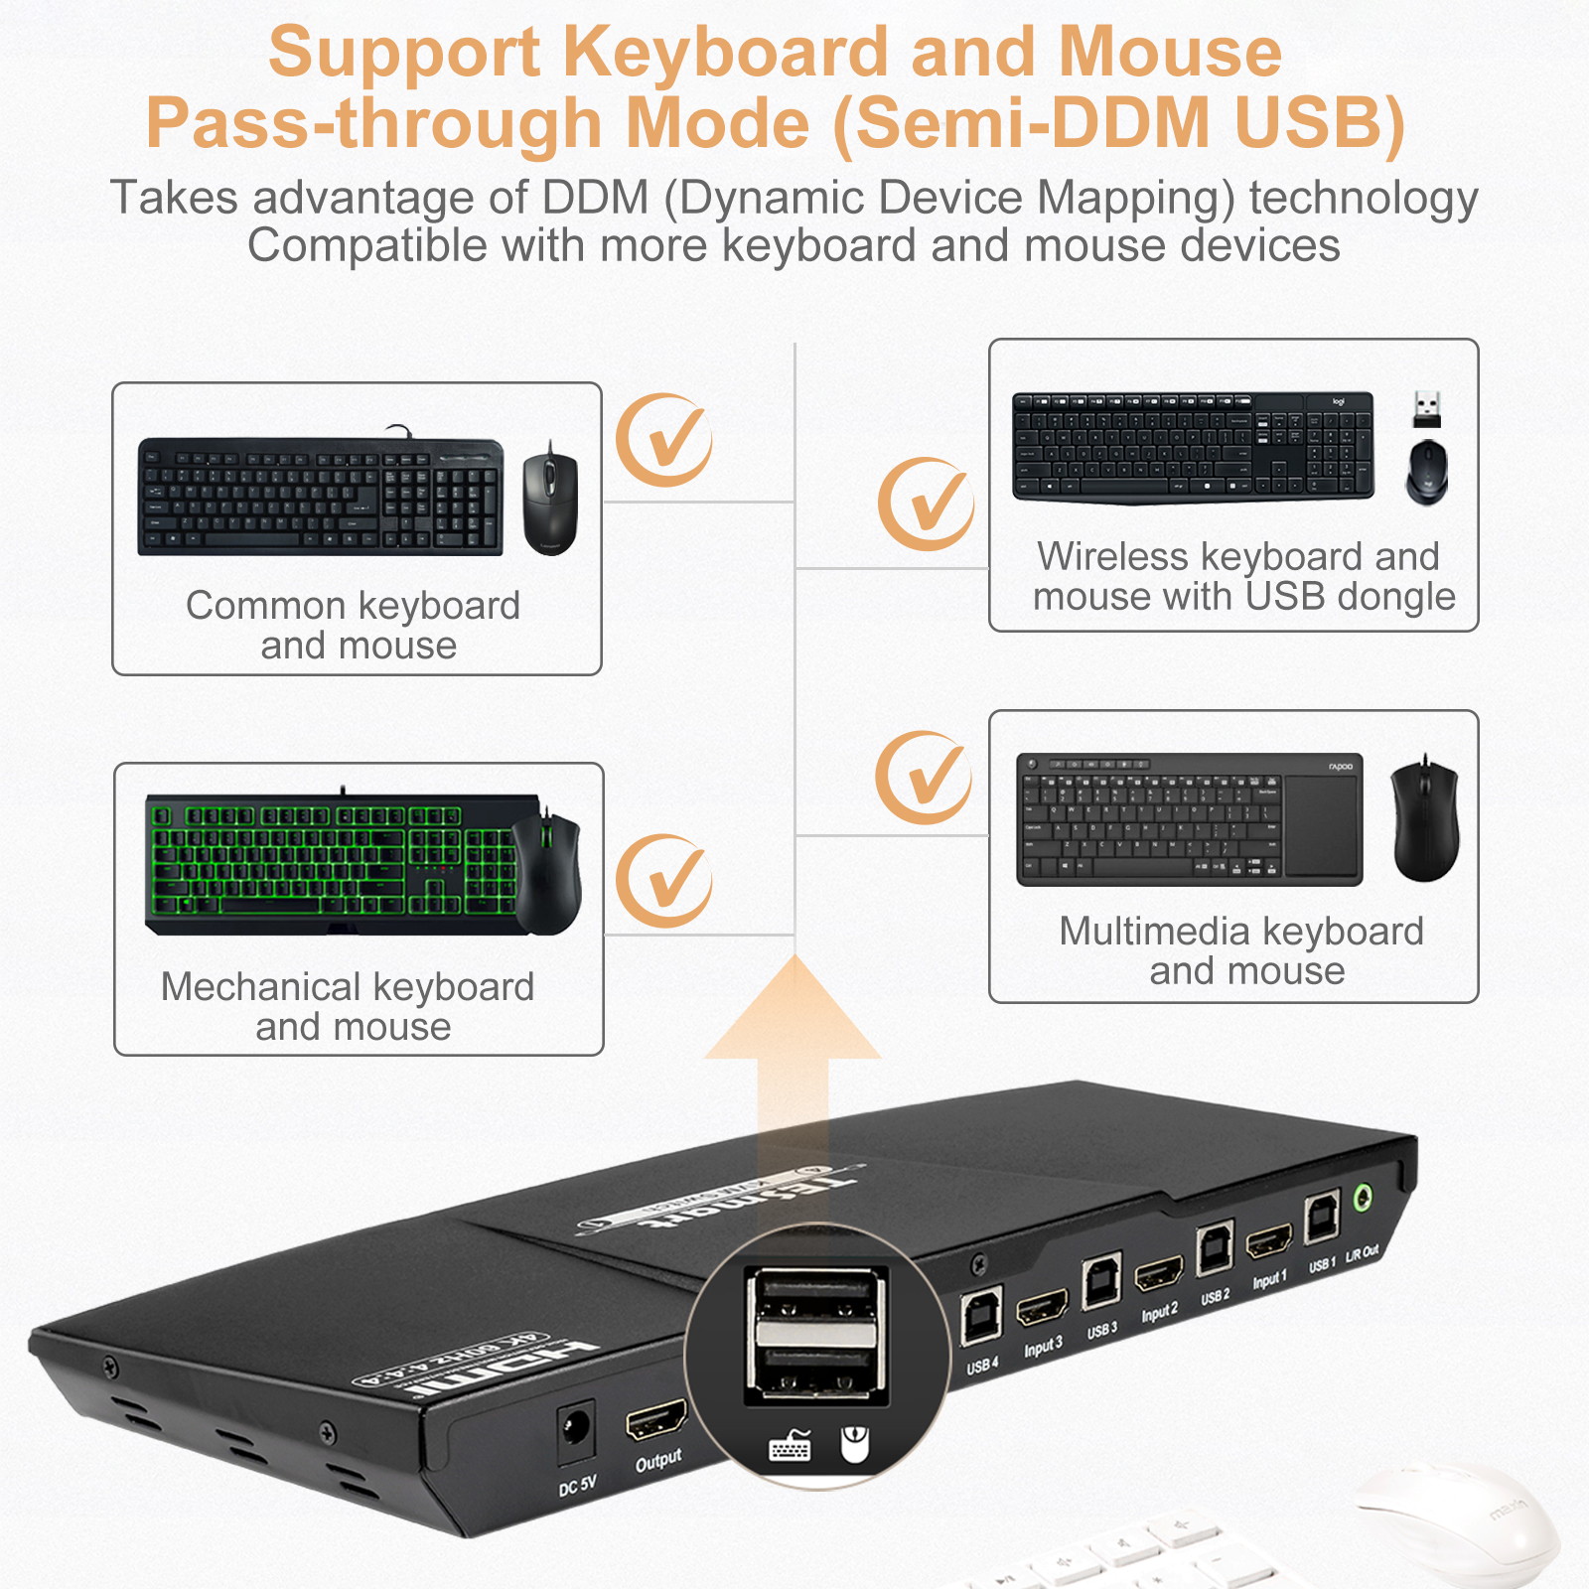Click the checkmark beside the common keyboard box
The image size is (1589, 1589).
pos(663,440)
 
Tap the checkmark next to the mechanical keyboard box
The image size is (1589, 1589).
pos(663,881)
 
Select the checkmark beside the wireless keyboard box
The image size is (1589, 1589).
pos(926,504)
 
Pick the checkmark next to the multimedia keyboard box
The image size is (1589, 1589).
pos(924,778)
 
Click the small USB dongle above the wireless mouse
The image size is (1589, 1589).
pos(1427,408)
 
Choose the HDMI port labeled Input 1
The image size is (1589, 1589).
pos(1269,1242)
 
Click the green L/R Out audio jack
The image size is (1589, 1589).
pos(1365,1198)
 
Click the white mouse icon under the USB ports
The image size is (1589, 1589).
pos(854,1445)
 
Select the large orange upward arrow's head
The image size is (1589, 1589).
pos(793,1013)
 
